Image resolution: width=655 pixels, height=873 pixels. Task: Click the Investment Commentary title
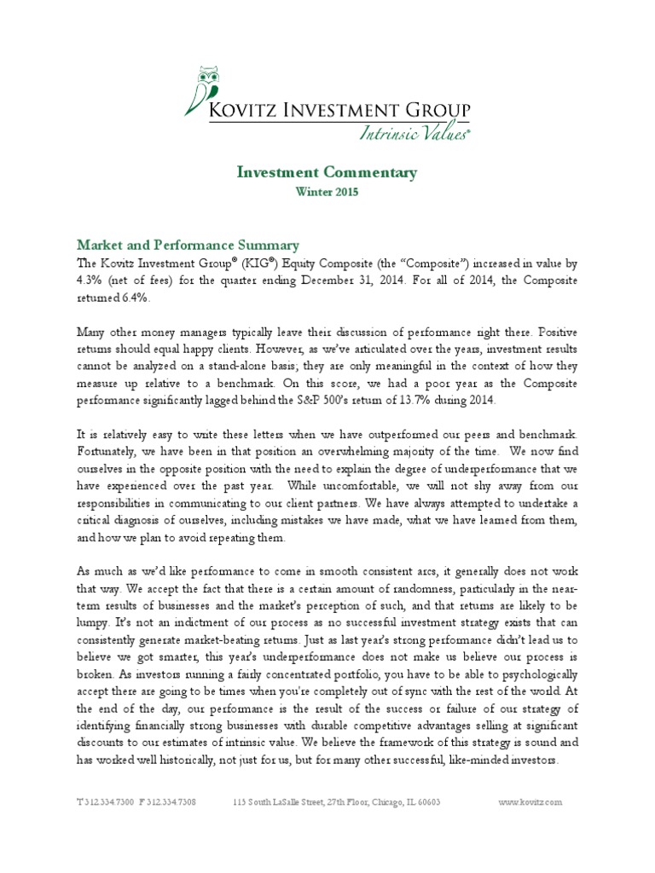327,173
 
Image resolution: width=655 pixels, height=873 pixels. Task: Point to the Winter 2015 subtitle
327,193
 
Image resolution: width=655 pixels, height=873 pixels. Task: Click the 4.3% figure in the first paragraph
89,280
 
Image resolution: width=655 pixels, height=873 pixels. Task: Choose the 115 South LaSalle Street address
337,802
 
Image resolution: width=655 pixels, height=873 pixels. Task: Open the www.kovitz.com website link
530,802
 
